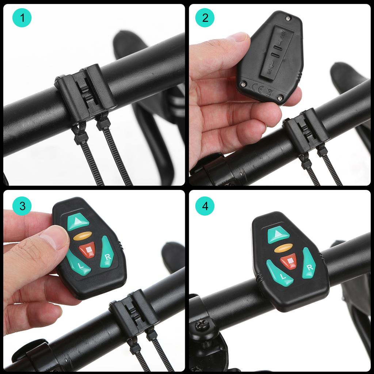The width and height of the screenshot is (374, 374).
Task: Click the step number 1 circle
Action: coord(22,18)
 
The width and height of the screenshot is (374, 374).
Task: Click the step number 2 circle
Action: coord(205,18)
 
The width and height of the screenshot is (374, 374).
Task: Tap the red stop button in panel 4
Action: coord(289,262)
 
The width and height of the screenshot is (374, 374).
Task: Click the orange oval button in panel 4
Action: coord(283,248)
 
